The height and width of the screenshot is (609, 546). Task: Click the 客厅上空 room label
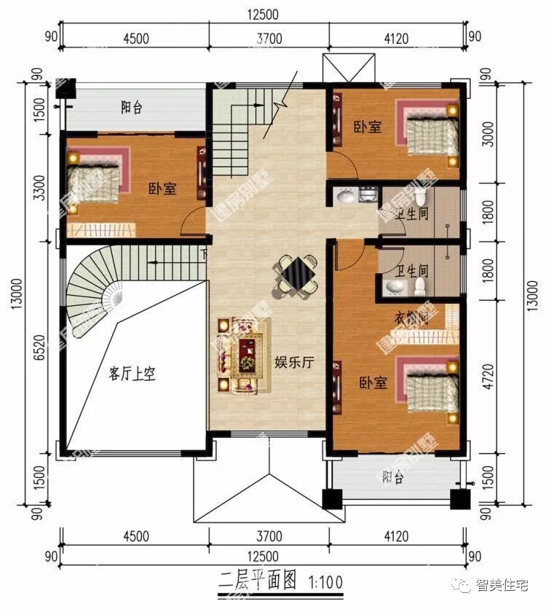coord(132,374)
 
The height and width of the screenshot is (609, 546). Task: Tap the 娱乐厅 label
coord(293,362)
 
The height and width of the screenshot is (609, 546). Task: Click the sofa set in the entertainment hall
coord(240,354)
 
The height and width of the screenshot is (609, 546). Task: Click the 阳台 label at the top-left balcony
coord(131,108)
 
